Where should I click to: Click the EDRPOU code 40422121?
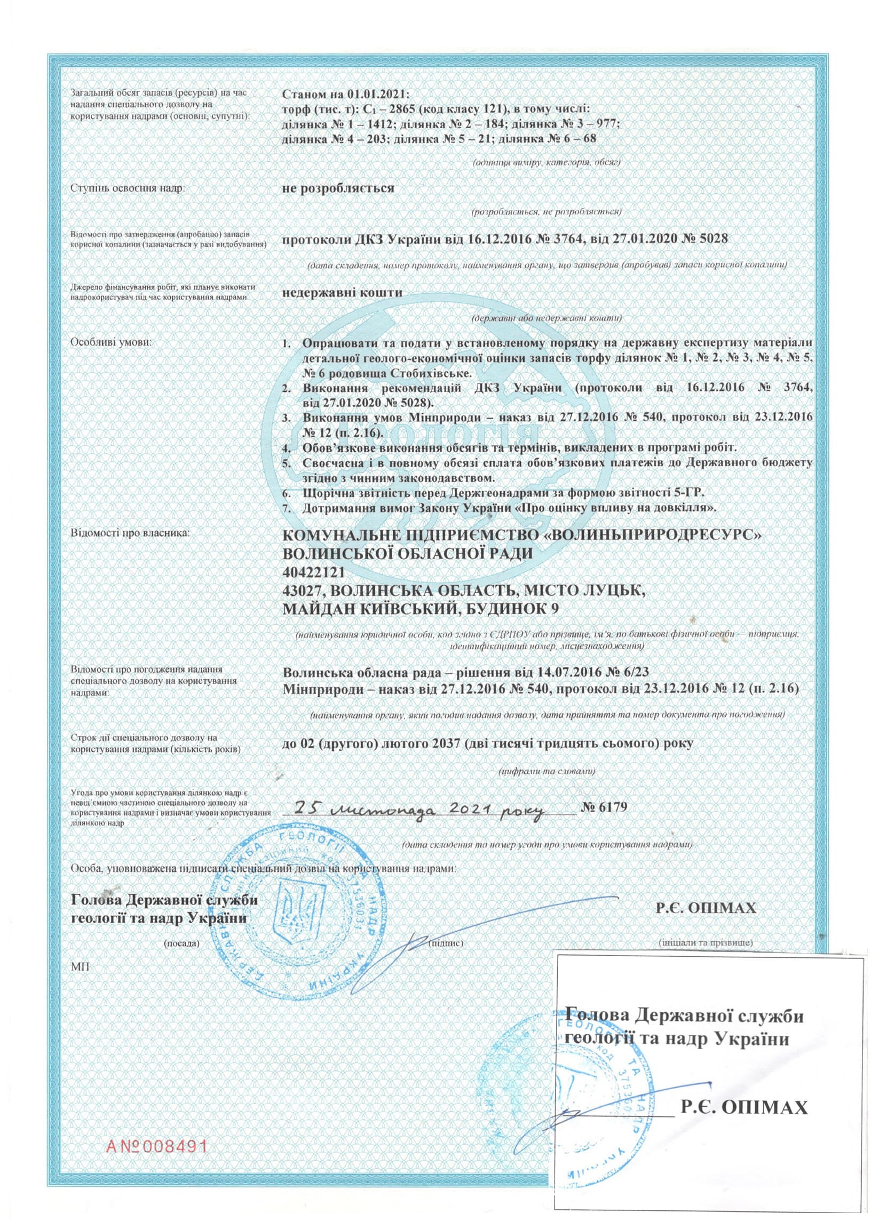click(314, 572)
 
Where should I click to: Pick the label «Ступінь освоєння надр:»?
click(128, 189)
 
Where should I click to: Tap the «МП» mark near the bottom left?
click(79, 966)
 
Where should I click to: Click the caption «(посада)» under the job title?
click(182, 943)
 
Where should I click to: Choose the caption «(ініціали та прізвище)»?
click(706, 943)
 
